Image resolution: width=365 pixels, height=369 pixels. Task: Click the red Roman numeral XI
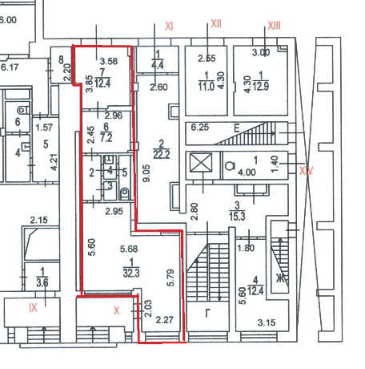click(169, 26)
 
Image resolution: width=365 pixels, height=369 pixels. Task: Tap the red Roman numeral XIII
click(274, 26)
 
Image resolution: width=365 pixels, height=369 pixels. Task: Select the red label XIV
click(306, 171)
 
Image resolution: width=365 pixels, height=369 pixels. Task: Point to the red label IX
click(33, 308)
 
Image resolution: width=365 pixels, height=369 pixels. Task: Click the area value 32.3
click(131, 274)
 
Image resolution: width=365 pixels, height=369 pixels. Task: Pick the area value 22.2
click(161, 155)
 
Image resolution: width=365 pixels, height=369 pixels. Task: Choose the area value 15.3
click(237, 216)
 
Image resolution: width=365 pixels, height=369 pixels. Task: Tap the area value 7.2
click(106, 138)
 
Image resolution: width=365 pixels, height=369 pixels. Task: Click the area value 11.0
click(207, 87)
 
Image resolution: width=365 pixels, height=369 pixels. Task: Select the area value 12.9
click(261, 87)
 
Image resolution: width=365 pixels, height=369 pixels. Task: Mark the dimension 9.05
click(146, 173)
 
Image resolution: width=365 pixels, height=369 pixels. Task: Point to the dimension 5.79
click(170, 278)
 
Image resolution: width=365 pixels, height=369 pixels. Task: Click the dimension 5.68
click(129, 249)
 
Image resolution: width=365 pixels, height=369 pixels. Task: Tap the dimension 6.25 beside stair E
click(200, 127)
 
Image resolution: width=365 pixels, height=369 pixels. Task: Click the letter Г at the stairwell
click(208, 313)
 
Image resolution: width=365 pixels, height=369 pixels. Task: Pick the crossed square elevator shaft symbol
click(202, 162)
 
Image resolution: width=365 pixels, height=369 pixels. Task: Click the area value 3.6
click(42, 282)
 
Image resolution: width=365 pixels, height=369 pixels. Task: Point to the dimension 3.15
click(267, 322)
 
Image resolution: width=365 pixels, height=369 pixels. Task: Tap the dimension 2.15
click(38, 221)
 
